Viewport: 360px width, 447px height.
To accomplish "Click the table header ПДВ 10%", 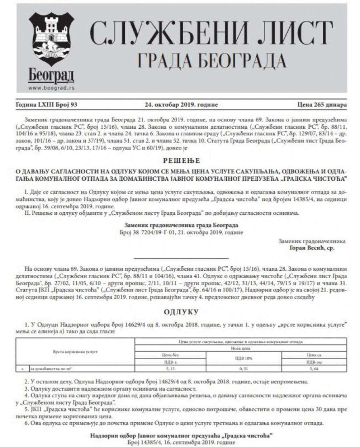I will point(239,358).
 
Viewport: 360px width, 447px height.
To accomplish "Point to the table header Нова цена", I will point(239,348).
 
